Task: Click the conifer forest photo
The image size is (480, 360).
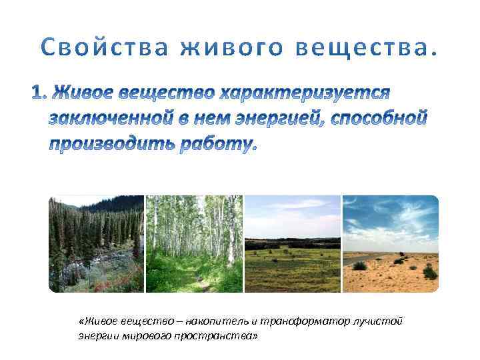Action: point(96,244)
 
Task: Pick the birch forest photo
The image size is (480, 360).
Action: point(194,244)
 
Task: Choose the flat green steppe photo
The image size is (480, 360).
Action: point(292,244)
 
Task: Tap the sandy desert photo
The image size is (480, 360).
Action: point(390,244)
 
